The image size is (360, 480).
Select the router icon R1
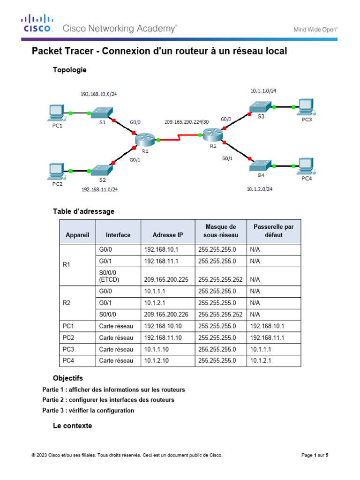point(144,139)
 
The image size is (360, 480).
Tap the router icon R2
point(213,135)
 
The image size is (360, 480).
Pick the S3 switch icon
point(260,107)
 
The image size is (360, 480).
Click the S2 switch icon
point(101,170)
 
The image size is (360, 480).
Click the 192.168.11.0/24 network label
point(99,190)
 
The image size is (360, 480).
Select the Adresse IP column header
point(168,235)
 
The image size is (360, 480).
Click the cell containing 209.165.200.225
point(166,279)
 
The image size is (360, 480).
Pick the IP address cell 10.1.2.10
point(159,360)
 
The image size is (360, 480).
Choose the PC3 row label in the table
point(68,349)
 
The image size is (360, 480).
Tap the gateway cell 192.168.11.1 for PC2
point(267,337)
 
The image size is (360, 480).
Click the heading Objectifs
point(68,378)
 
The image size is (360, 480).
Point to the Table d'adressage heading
point(83,211)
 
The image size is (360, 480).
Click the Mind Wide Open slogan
point(315,29)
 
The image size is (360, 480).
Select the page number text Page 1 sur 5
point(315,455)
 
